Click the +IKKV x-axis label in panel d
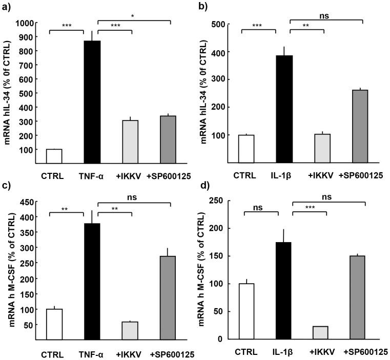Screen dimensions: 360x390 319,354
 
